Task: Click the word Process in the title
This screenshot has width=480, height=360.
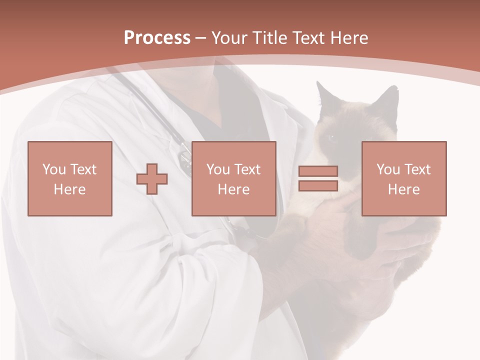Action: [x=157, y=38]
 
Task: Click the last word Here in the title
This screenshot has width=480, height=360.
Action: [x=348, y=38]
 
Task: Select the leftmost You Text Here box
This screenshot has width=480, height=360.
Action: [x=70, y=179]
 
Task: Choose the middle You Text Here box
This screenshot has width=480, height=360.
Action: [x=233, y=179]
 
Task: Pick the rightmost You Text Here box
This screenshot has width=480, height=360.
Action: [x=404, y=179]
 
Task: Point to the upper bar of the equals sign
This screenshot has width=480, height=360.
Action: [x=318, y=171]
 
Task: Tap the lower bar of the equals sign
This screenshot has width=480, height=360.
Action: [x=318, y=186]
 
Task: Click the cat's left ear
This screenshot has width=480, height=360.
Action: [x=324, y=95]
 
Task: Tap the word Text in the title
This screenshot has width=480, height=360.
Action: [x=307, y=38]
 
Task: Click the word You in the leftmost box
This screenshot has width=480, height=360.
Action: [x=54, y=169]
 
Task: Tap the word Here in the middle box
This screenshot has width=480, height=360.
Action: [x=233, y=189]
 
